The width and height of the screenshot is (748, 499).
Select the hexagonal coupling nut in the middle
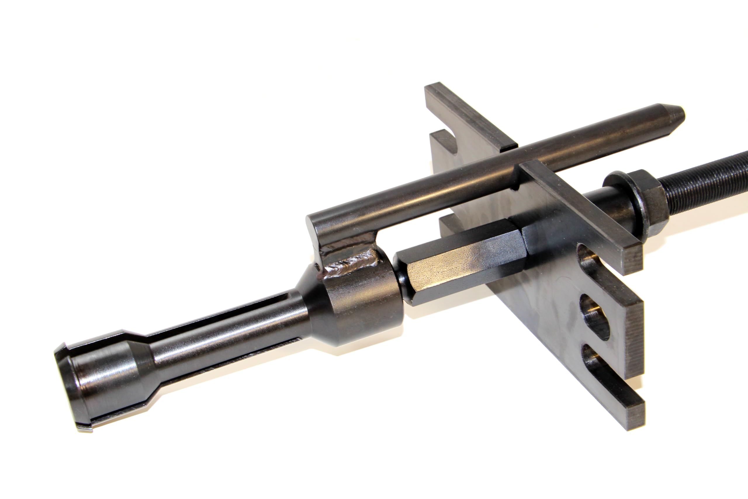[461, 267]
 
